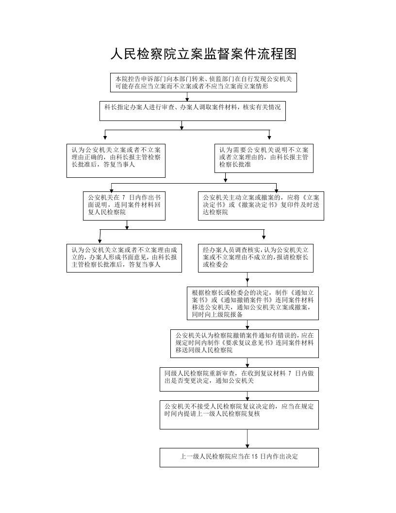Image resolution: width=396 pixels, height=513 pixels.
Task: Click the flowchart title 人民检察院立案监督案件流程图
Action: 203,54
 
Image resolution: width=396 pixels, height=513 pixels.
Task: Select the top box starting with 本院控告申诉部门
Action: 203,83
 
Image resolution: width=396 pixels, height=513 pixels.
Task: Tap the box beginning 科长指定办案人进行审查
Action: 193,111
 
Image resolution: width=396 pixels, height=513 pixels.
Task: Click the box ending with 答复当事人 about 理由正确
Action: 116,161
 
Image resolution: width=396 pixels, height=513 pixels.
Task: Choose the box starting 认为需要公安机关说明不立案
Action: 264,158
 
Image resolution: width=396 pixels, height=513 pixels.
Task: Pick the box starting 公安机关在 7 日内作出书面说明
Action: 124,206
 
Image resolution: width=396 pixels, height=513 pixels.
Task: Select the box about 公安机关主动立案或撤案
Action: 261,206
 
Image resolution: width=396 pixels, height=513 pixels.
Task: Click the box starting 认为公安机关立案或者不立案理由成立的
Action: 124,258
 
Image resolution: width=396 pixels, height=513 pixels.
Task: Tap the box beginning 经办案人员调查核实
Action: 255,258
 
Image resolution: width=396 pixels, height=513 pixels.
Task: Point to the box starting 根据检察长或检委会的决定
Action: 252,303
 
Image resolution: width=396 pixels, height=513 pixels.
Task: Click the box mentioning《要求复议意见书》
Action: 245,343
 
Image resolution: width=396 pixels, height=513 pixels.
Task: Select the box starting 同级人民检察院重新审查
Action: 239,379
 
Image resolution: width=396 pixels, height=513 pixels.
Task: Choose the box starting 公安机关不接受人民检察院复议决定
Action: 239,415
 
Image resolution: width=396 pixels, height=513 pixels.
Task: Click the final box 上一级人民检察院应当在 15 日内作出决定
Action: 239,458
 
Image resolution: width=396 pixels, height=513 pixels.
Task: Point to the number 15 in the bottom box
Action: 254,456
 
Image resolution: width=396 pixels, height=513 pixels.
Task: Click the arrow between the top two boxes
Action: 187,97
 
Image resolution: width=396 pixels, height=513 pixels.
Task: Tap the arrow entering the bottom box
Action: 247,439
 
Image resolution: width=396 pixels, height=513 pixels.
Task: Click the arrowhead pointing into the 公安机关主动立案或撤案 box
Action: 277,190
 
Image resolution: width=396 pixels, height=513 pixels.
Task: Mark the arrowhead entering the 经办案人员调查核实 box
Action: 264,237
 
